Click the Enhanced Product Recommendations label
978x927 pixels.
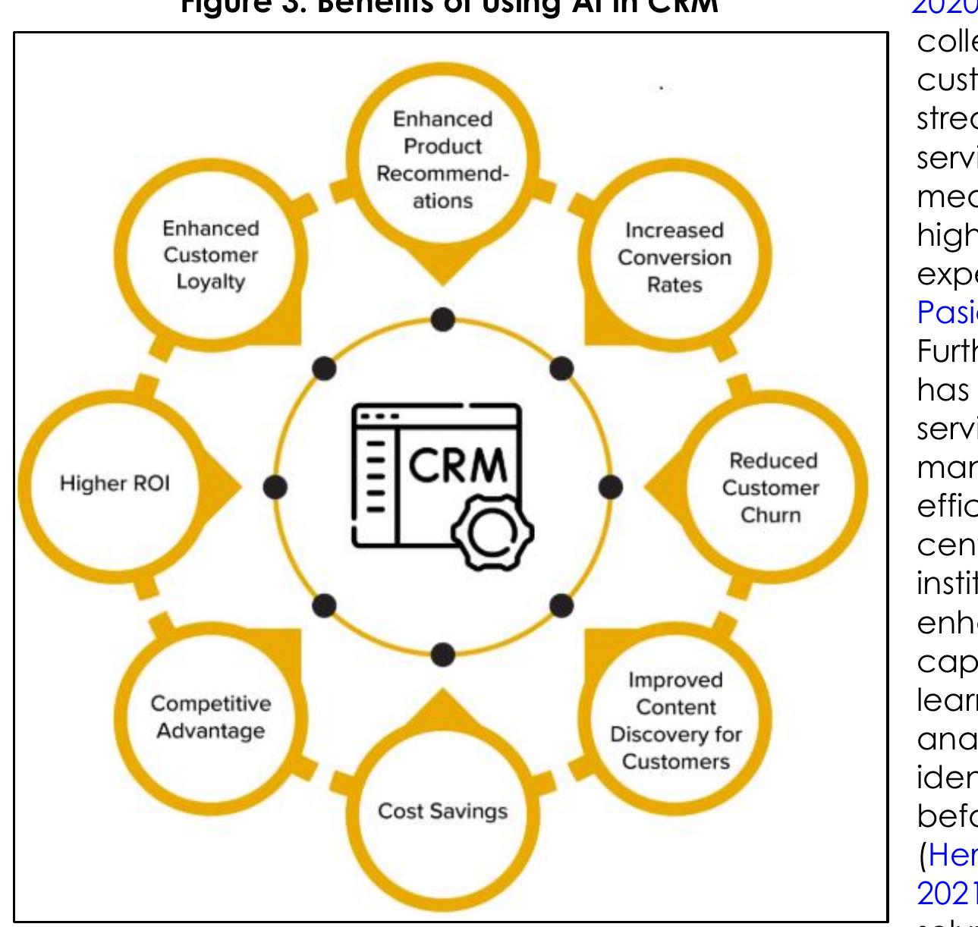[443, 160]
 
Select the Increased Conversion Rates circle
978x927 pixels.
[674, 257]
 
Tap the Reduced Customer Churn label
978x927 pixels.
[770, 488]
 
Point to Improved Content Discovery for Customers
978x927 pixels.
[675, 721]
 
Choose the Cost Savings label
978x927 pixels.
[442, 811]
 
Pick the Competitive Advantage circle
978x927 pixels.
[210, 717]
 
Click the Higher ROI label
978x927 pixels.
[115, 484]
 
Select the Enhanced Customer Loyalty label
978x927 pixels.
[210, 255]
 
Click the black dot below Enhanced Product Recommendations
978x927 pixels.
[443, 320]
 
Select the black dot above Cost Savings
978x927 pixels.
[443, 653]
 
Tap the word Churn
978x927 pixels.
[770, 515]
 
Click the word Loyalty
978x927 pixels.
[210, 281]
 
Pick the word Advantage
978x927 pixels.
[210, 731]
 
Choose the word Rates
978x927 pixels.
[675, 284]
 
